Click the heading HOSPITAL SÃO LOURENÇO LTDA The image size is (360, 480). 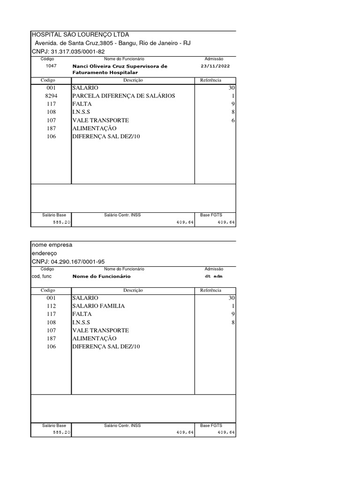pos(80,35)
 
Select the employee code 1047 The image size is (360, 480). pos(51,66)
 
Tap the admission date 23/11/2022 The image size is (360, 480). pos(215,66)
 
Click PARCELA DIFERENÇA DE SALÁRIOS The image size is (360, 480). pos(123,96)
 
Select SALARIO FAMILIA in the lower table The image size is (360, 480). pos(98,306)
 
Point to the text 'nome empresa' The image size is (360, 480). pos(52,245)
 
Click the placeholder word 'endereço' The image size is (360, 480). pos(44,253)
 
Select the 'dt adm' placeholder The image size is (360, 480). pos(215,277)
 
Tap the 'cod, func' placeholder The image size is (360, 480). pos(42,276)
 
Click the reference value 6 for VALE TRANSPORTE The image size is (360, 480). pos(233,120)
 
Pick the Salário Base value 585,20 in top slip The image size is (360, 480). pos(61,222)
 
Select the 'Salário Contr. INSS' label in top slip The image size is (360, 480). pos(122,215)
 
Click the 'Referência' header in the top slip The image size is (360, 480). pos(210,81)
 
